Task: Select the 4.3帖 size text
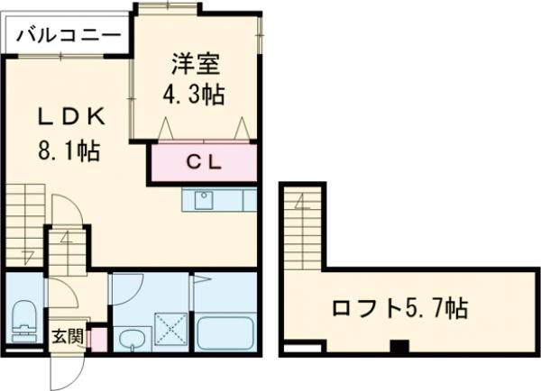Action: [x=194, y=93]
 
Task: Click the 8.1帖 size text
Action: [x=69, y=151]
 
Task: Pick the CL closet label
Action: [x=203, y=163]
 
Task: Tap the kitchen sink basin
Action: [x=204, y=199]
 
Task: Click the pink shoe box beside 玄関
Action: [x=99, y=341]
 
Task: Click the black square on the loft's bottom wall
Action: [x=399, y=345]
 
